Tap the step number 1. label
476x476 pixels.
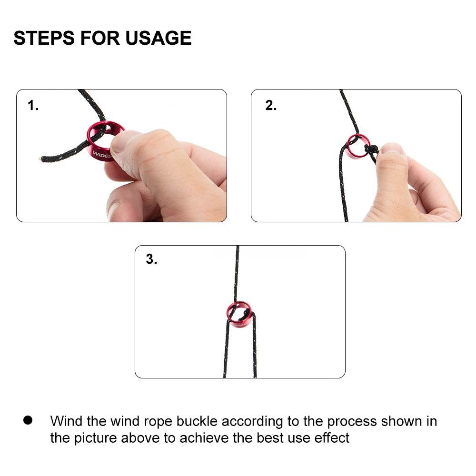point(33,106)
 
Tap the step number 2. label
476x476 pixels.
point(271,106)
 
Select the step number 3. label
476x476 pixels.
point(151,260)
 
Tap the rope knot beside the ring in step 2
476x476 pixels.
point(369,149)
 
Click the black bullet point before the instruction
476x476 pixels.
point(28,420)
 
